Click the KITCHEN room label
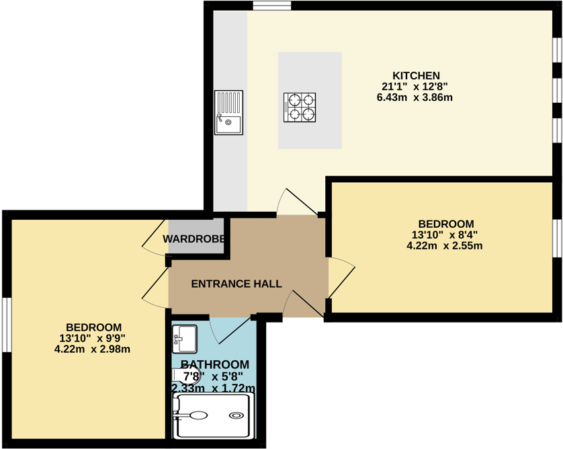416,75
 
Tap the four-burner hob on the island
300,108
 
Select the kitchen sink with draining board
228,112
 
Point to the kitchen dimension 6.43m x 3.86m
415,97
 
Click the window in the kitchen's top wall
272,6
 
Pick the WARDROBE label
193,239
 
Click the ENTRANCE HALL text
236,284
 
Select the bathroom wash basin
184,339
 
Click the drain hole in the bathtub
236,415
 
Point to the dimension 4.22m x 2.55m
444,246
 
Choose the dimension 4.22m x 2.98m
92,349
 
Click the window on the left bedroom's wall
6,325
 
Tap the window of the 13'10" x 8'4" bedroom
557,238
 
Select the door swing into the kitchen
290,201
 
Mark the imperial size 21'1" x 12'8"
415,86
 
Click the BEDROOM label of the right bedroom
445,224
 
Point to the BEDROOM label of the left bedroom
93,327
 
